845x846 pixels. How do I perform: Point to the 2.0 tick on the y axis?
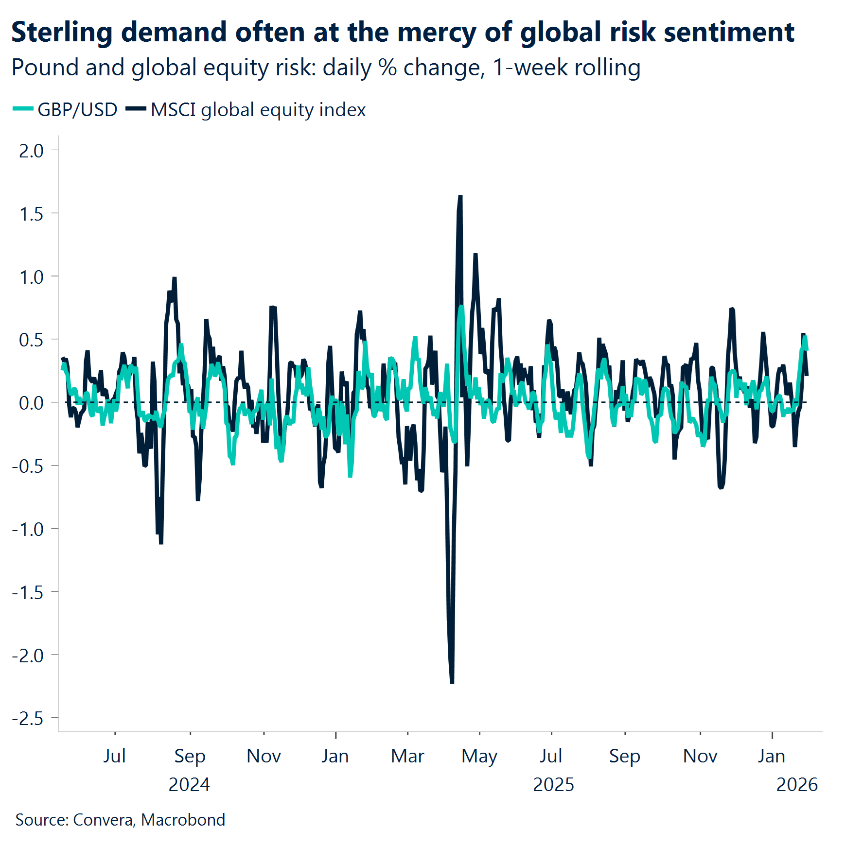31,151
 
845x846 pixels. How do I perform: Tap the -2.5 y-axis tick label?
28,718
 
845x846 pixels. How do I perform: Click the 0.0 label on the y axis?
31,403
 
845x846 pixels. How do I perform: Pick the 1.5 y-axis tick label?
31,214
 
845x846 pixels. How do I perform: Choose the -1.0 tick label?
28,529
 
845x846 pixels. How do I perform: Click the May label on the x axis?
479,756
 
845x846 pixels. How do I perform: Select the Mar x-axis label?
407,756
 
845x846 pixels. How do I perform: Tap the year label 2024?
189,785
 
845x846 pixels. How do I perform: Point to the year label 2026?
797,785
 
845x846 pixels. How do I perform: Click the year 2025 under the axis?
553,785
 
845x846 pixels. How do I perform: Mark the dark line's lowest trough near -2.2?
452,682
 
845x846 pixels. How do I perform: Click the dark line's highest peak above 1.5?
460,197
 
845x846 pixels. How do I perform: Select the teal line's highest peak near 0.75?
461,307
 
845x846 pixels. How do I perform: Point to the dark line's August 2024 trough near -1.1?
161,542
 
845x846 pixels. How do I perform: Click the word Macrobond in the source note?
183,820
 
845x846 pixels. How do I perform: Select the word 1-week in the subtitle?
530,68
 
